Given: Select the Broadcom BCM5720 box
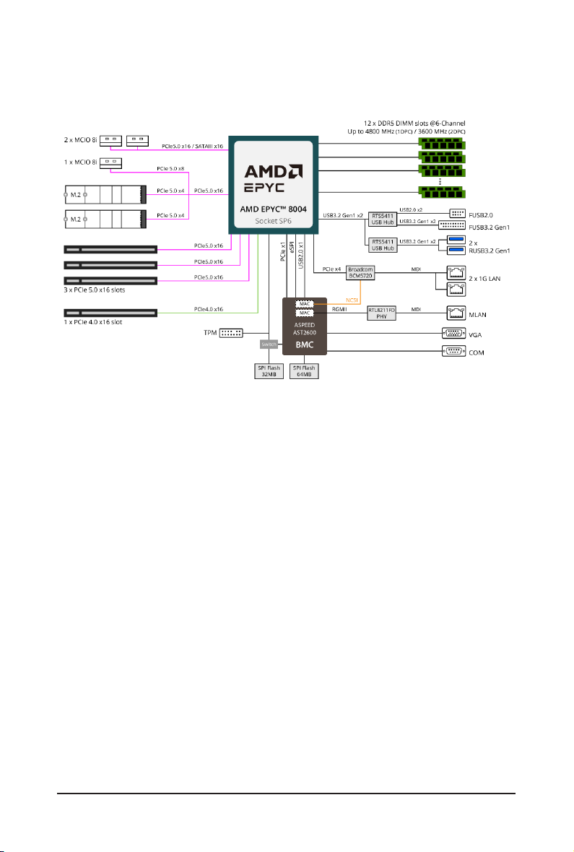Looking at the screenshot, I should pos(360,273).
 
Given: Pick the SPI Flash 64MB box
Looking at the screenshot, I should pos(304,371).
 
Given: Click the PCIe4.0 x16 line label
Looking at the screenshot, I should pos(208,309).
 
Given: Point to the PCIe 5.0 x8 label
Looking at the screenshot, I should pos(170,169).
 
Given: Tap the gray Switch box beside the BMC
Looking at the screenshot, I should pos(269,344).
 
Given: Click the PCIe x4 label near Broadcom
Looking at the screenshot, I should pos(333,269).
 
